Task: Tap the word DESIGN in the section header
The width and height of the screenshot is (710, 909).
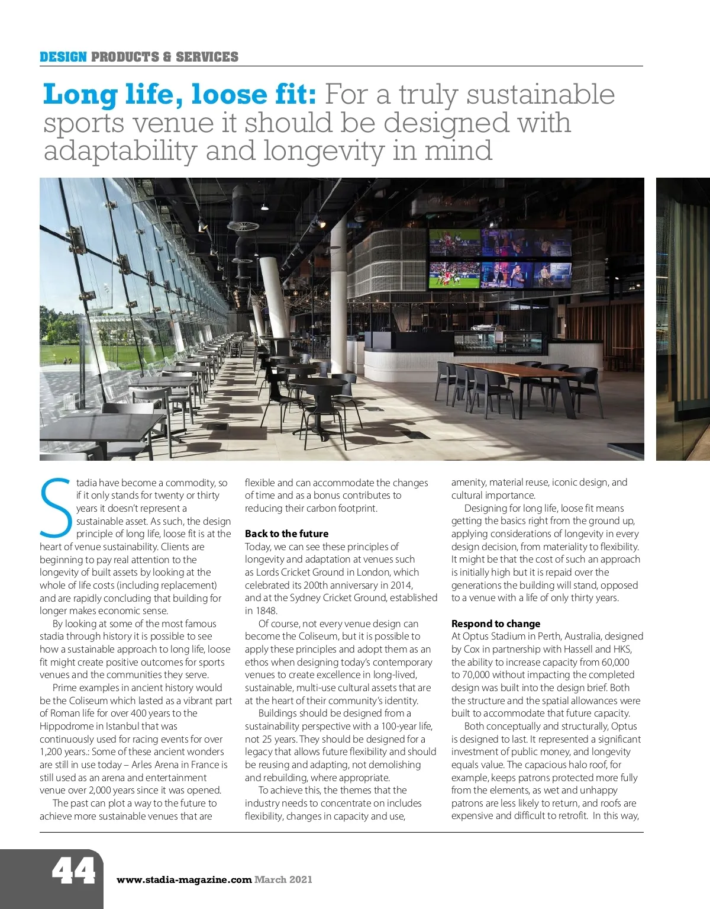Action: [x=63, y=57]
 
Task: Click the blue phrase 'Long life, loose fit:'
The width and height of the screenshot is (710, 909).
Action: [x=181, y=95]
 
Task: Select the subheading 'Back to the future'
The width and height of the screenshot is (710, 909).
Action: [x=286, y=534]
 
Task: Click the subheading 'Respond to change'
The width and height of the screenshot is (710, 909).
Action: [x=496, y=624]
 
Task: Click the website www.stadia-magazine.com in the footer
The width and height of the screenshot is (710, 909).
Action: [x=184, y=880]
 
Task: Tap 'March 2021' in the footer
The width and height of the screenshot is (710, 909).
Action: [x=283, y=880]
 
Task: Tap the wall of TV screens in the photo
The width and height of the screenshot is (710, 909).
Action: [x=500, y=259]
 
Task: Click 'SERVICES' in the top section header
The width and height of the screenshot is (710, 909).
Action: [x=207, y=57]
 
